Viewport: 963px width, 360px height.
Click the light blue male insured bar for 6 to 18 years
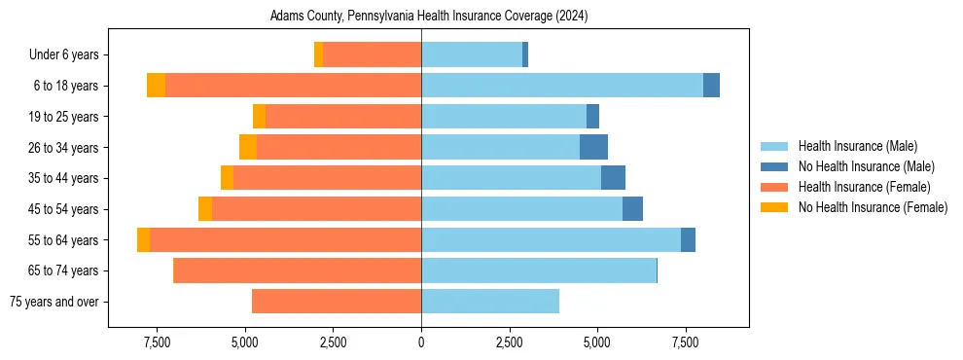pyautogui.click(x=561, y=86)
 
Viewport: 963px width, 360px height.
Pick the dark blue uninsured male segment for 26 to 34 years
pyautogui.click(x=593, y=147)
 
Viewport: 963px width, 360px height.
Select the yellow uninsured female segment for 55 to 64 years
pyautogui.click(x=143, y=239)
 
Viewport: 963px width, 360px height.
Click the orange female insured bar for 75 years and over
pyautogui.click(x=336, y=302)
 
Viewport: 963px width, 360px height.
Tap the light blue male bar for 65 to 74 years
pyautogui.click(x=539, y=270)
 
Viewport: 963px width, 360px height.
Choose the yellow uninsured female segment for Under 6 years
pyautogui.click(x=318, y=54)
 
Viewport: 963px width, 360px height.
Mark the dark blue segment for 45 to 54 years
pyautogui.click(x=632, y=209)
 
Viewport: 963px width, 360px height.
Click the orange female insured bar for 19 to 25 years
pyautogui.click(x=342, y=117)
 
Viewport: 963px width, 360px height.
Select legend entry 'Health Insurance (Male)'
pyautogui.click(x=857, y=146)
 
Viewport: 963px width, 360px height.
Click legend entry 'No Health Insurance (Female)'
pyautogui.click(x=873, y=207)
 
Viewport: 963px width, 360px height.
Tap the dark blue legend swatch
pyautogui.click(x=774, y=166)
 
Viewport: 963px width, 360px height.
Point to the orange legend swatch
pyautogui.click(x=774, y=187)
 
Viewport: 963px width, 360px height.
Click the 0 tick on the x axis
pyautogui.click(x=421, y=342)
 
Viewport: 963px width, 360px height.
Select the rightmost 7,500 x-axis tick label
pyautogui.click(x=685, y=342)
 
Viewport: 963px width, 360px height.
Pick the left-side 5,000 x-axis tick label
pyautogui.click(x=245, y=342)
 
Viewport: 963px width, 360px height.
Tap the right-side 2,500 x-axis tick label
pyautogui.click(x=509, y=342)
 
